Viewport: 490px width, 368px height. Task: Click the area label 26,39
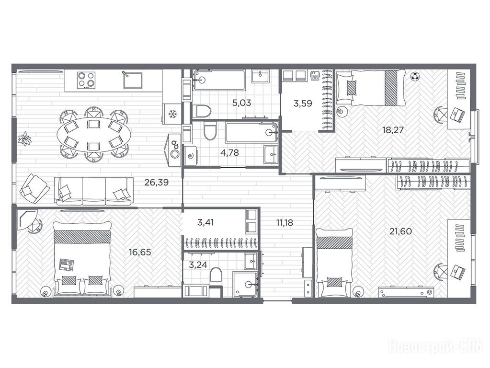(x=156, y=182)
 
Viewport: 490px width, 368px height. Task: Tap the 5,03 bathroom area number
(x=241, y=103)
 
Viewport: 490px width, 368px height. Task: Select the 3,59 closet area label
(x=303, y=103)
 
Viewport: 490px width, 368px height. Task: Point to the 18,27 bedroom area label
(x=393, y=130)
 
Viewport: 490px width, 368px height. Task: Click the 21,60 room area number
(x=400, y=231)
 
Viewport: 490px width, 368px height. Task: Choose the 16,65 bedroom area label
(x=140, y=252)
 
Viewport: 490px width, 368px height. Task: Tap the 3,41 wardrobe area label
(x=205, y=223)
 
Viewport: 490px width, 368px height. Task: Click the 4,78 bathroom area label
(x=229, y=152)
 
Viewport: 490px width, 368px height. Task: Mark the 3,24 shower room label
(x=198, y=265)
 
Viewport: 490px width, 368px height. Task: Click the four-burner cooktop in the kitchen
(x=86, y=80)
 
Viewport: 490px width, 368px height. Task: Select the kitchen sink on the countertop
(x=133, y=80)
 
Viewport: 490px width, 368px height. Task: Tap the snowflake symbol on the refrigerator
(x=172, y=114)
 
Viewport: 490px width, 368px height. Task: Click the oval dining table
(x=93, y=135)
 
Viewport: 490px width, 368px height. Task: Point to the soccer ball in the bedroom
(x=415, y=76)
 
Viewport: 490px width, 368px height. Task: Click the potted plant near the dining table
(x=24, y=139)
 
